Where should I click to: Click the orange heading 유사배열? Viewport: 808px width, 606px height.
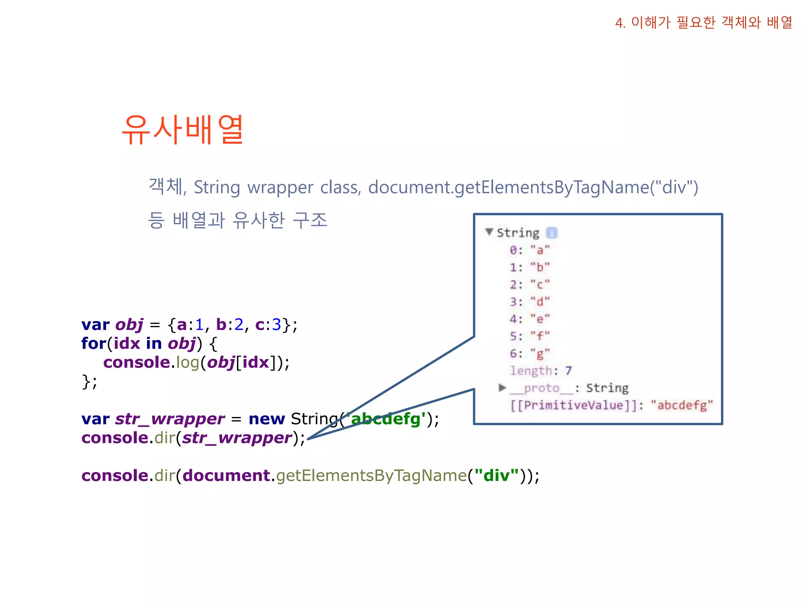pyautogui.click(x=183, y=130)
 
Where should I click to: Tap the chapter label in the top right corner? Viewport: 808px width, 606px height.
pyautogui.click(x=703, y=22)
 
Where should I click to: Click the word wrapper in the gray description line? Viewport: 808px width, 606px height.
pyautogui.click(x=280, y=187)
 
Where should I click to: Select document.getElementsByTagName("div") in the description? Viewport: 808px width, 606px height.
pyautogui.click(x=533, y=187)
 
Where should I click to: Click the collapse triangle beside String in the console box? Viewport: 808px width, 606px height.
pyautogui.click(x=489, y=232)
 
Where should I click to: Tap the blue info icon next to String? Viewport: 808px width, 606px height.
pyautogui.click(x=552, y=233)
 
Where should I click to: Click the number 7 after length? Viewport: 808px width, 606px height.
pyautogui.click(x=568, y=370)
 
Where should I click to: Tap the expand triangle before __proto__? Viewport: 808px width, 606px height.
pyautogui.click(x=502, y=388)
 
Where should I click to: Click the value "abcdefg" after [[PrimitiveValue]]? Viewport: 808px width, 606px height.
pyautogui.click(x=682, y=405)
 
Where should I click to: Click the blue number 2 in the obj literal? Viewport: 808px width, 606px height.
pyautogui.click(x=239, y=325)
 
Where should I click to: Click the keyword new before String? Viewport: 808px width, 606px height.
pyautogui.click(x=267, y=419)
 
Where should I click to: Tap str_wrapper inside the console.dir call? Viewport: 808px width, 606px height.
pyautogui.click(x=237, y=438)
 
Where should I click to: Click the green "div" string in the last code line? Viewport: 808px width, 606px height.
pyautogui.click(x=496, y=476)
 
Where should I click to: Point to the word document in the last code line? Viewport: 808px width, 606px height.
pyautogui.click(x=226, y=476)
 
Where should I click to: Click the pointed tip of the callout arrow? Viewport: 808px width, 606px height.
pyautogui.click(x=309, y=438)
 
